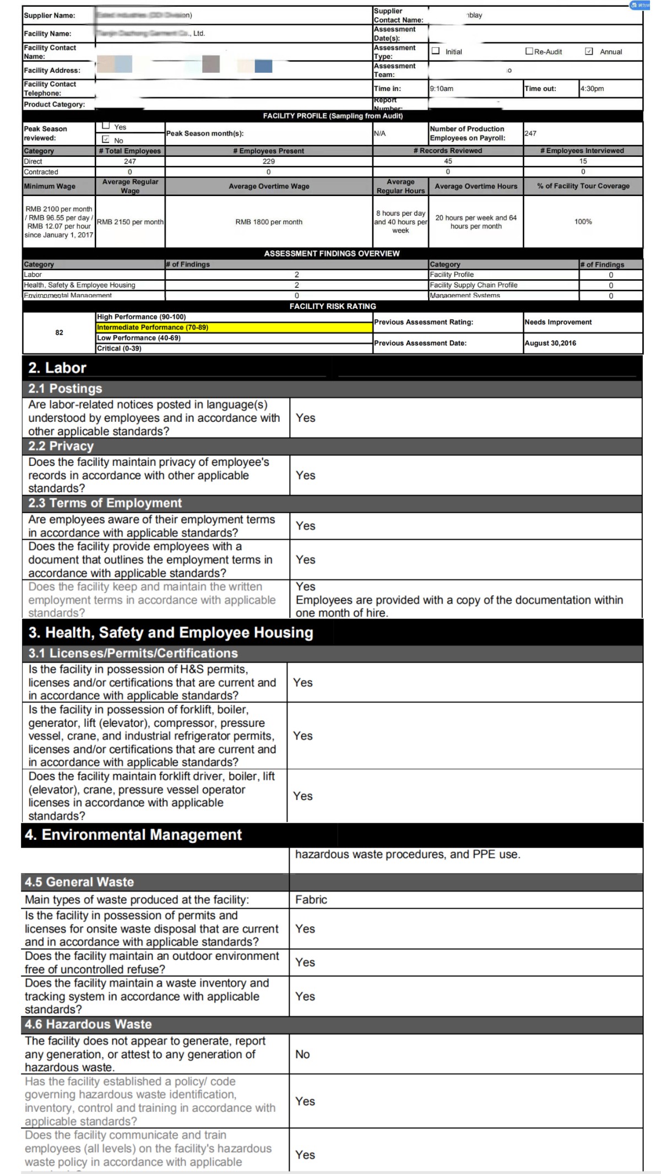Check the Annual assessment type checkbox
(589, 51)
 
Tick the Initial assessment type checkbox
(436, 51)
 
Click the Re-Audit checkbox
(529, 51)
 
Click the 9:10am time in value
(442, 89)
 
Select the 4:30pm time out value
(592, 89)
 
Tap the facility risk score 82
(59, 333)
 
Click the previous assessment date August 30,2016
(550, 343)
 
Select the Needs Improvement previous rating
(558, 322)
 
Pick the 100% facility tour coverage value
(583, 222)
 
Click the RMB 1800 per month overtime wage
(269, 222)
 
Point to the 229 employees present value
(269, 161)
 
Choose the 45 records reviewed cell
(448, 161)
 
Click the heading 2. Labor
(57, 368)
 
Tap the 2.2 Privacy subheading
(61, 446)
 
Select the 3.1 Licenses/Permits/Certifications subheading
(133, 653)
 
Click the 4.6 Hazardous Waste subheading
(88, 1024)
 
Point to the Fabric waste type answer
(311, 900)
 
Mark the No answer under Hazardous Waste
(302, 1054)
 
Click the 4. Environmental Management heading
(133, 835)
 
